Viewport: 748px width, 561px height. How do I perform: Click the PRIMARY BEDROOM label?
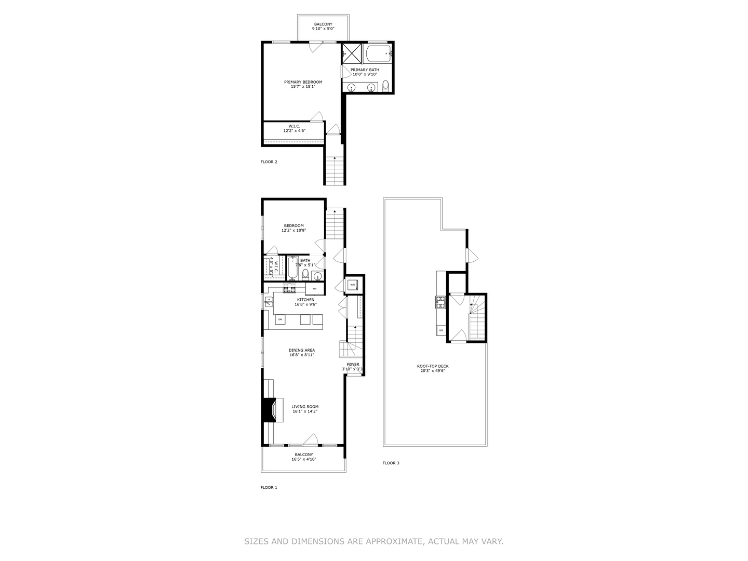303,82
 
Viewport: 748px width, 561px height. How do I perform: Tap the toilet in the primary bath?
385,86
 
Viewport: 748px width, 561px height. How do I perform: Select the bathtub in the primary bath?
378,53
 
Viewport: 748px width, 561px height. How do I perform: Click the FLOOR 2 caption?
269,162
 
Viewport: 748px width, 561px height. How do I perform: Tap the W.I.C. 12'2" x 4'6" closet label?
294,128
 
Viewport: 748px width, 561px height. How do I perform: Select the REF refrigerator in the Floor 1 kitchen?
315,289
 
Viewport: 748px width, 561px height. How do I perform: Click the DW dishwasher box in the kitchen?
280,319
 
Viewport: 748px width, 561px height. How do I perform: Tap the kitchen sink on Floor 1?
269,302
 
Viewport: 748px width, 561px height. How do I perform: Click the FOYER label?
353,365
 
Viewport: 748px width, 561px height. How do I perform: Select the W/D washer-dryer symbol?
352,285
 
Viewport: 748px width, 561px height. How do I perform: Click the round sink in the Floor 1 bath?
318,275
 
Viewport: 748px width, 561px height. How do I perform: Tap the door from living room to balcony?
311,440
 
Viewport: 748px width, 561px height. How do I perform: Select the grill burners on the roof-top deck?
440,302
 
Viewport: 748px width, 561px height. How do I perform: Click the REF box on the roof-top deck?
441,330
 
